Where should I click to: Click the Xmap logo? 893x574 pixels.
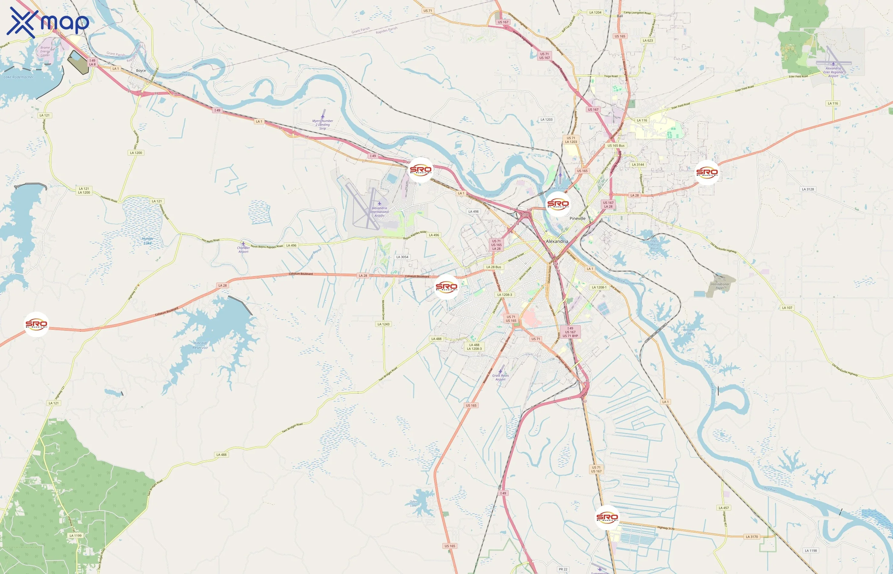point(48,22)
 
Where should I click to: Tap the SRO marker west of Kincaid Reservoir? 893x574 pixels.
point(37,324)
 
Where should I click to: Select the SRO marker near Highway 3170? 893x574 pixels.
point(607,517)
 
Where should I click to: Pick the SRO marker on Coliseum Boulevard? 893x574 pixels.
point(446,287)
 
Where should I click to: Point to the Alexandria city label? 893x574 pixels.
point(557,241)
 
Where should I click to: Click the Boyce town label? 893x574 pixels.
point(141,70)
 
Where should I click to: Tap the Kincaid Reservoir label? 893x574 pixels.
point(200,345)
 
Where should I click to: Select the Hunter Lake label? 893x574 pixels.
point(148,241)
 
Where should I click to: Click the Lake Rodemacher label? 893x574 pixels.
point(18,77)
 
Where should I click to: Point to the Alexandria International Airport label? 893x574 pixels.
point(380,212)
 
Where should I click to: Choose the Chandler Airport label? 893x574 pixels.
point(243,249)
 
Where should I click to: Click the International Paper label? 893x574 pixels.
point(720,286)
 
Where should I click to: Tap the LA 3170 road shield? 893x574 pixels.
point(752,537)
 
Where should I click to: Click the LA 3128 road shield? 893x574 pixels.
point(808,189)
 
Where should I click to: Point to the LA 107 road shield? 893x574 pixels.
point(787,308)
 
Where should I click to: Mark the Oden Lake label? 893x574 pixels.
point(413,503)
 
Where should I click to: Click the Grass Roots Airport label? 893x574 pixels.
point(500,377)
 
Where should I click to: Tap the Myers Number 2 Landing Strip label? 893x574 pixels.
point(322,124)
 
